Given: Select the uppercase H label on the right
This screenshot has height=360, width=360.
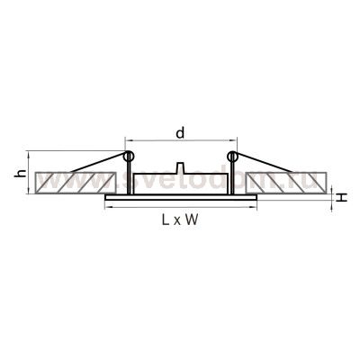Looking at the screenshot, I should [x=343, y=195].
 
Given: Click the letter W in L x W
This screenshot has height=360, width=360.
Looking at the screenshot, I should [x=191, y=219].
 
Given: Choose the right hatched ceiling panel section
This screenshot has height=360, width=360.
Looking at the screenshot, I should [x=286, y=184].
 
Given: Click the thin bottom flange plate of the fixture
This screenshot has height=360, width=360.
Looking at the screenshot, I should [x=180, y=197].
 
